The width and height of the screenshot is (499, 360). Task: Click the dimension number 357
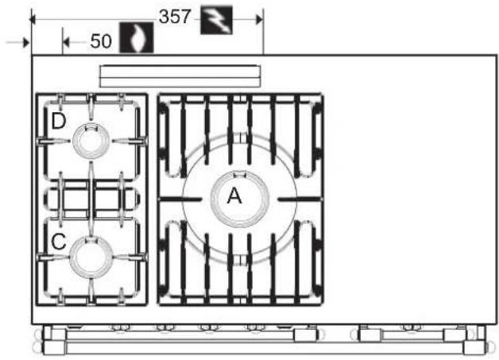pyautogui.click(x=175, y=17)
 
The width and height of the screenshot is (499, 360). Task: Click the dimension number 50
pyautogui.click(x=101, y=41)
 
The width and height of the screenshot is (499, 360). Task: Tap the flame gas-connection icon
pyautogui.click(x=137, y=37)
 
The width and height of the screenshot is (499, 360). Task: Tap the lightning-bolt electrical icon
pyautogui.click(x=216, y=20)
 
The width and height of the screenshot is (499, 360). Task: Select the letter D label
pyautogui.click(x=59, y=121)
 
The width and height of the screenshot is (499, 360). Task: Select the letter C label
pyautogui.click(x=59, y=242)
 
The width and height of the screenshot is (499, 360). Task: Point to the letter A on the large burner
pyautogui.click(x=234, y=195)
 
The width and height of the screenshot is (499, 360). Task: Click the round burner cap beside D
pyautogui.click(x=91, y=141)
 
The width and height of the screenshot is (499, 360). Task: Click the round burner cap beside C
pyautogui.click(x=91, y=257)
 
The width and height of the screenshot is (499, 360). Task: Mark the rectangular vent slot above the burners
pyautogui.click(x=180, y=76)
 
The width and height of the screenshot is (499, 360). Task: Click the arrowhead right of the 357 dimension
pyautogui.click(x=259, y=20)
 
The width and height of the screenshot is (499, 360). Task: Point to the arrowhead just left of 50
pyautogui.click(x=66, y=41)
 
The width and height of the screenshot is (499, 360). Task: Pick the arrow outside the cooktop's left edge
pyautogui.click(x=17, y=42)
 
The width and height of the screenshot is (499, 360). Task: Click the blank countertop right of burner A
pyautogui.click(x=411, y=191)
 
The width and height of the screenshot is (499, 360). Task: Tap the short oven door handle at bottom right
pyautogui.click(x=413, y=335)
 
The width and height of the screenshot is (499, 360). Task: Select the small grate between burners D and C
pyautogui.click(x=91, y=199)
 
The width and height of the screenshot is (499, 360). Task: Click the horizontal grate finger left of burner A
pyautogui.click(x=180, y=199)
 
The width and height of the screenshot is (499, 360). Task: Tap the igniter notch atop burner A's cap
pyautogui.click(x=240, y=174)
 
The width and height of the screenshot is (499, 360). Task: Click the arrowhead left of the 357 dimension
pyautogui.click(x=33, y=20)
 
